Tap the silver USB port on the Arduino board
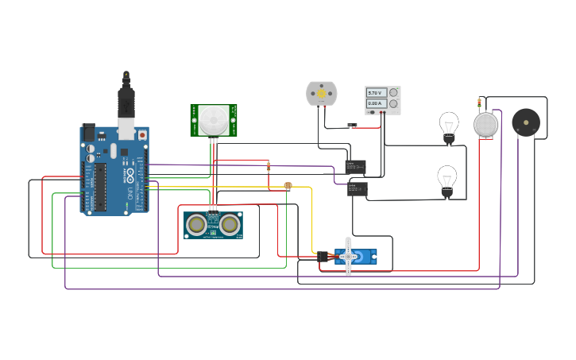[x=126, y=128]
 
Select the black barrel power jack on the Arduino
[x=88, y=133]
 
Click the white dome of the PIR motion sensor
[x=213, y=120]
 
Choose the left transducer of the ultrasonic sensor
[x=196, y=225]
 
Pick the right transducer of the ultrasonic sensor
[x=230, y=225]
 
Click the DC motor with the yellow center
[x=322, y=94]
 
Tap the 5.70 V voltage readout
[x=376, y=93]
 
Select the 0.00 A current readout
[x=376, y=103]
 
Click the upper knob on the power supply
[x=392, y=93]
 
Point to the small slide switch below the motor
[x=353, y=124]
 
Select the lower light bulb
[x=447, y=180]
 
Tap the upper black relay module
[x=355, y=165]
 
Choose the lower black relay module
[x=357, y=188]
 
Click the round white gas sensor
[x=485, y=125]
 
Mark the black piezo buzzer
[x=524, y=122]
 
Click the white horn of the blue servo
[x=348, y=257]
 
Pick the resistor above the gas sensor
[x=478, y=103]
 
